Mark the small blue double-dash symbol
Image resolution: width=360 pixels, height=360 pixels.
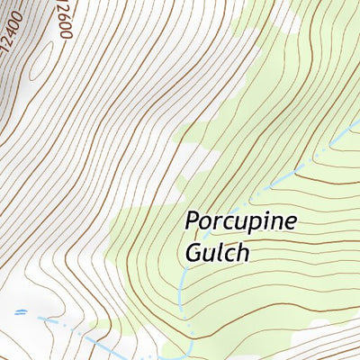tap(20, 311)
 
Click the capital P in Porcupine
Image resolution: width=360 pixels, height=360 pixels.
tap(192, 220)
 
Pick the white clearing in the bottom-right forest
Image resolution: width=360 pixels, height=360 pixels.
tap(319, 321)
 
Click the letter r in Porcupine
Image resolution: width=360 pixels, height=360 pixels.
tap(217, 222)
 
